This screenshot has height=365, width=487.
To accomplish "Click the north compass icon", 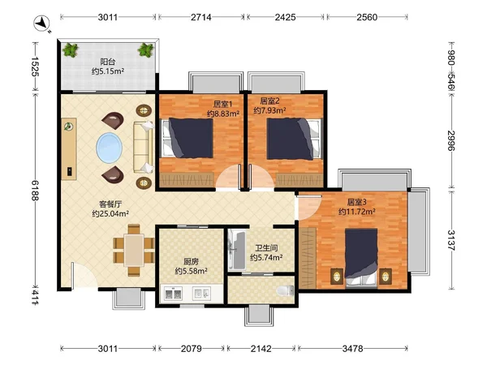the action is [x=42, y=24].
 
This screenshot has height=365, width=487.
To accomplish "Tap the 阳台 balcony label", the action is [x=107, y=62].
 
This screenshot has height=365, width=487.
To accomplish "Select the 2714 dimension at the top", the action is [x=201, y=17].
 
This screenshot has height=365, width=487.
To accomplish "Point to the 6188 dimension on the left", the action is [x=35, y=191].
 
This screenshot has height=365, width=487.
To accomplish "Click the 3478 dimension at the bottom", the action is [x=352, y=349].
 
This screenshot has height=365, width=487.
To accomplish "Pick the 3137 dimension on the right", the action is [x=451, y=240].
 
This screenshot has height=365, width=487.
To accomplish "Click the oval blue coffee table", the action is [x=109, y=148].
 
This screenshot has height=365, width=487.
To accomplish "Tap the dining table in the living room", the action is [x=134, y=250].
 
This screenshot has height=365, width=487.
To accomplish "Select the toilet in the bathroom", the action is [x=285, y=290].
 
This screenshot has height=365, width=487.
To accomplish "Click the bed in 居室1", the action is [x=187, y=138].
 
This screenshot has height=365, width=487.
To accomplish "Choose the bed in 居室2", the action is [x=293, y=139].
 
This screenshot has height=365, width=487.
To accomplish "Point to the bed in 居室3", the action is [x=361, y=256].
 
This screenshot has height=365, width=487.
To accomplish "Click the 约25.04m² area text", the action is [x=110, y=213].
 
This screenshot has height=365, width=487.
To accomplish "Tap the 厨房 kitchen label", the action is [x=191, y=262].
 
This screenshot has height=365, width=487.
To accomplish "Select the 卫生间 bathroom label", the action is [x=266, y=248].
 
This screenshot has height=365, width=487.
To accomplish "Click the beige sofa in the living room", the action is [x=143, y=147].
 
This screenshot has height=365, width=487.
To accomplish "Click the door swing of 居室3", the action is [x=308, y=207].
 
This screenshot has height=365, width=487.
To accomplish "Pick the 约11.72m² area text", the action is [x=357, y=212].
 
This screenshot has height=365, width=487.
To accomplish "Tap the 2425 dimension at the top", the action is [x=285, y=17].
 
